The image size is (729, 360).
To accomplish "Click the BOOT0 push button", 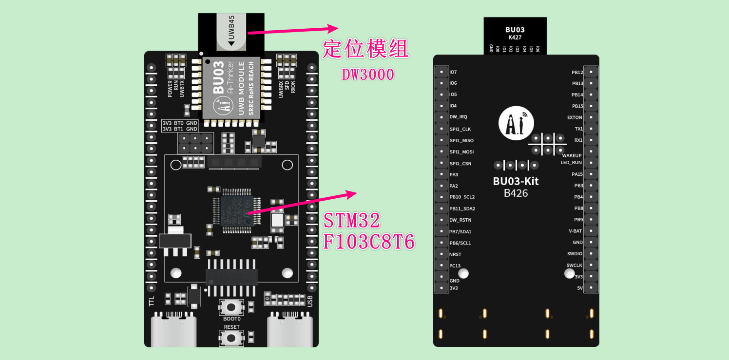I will coord(231,307).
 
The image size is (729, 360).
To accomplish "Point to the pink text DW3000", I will coord(368,75).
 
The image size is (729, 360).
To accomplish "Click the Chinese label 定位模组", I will coord(365,49).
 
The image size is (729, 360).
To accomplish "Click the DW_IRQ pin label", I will coord(458,117).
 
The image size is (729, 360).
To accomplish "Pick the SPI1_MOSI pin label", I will coord(461,152).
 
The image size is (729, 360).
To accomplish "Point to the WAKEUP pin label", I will coord(572,155).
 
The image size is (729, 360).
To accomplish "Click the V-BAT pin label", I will coord(575,231).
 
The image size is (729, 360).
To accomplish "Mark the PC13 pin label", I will coord(455,266).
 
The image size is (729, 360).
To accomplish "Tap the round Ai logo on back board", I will coord(516,123).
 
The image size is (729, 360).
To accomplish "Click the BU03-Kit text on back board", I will coord(516,181).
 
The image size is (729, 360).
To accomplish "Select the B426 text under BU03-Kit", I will coord(516,193).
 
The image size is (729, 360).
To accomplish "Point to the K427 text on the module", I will coord(515,37).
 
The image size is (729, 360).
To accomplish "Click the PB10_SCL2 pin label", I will coord(462,197).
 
